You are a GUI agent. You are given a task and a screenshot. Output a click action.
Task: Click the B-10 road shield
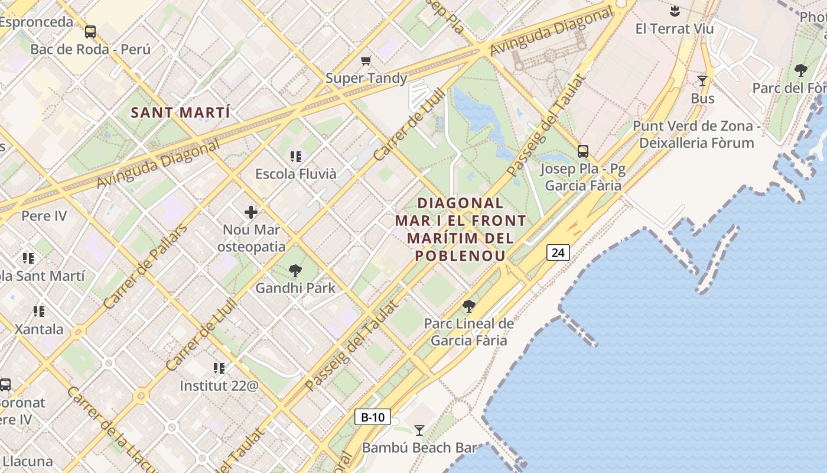pyautogui.click(x=373, y=417)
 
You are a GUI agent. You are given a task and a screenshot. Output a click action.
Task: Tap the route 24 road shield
pyautogui.click(x=558, y=252)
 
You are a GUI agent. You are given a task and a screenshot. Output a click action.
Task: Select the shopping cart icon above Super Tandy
pyautogui.click(x=366, y=60)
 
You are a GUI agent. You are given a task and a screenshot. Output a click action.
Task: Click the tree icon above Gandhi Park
pyautogui.click(x=295, y=271)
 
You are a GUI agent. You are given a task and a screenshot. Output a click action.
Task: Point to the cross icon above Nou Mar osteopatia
pyautogui.click(x=251, y=212)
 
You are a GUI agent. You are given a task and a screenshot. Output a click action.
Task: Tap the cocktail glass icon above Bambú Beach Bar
pyautogui.click(x=419, y=430)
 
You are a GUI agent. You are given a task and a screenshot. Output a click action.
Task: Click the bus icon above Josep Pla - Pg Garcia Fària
pyautogui.click(x=583, y=151)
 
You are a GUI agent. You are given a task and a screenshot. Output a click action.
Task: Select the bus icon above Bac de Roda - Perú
pyautogui.click(x=90, y=32)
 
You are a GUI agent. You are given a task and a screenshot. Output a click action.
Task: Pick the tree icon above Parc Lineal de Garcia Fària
pyautogui.click(x=469, y=306)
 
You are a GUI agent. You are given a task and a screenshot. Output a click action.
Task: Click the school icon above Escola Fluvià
pyautogui.click(x=296, y=157)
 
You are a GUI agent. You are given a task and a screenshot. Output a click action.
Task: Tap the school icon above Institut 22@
pyautogui.click(x=219, y=368)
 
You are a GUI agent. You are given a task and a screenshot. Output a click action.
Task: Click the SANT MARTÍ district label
pyautogui.click(x=180, y=112)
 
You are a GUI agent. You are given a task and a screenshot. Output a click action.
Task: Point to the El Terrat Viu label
pyautogui.click(x=675, y=28)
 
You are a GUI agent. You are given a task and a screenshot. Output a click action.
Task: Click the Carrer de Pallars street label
pyautogui.click(x=145, y=266)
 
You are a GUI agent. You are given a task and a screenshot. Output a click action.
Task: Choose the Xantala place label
pyautogui.click(x=39, y=329)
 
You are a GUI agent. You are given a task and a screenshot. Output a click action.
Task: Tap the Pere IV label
pyautogui.click(x=44, y=216)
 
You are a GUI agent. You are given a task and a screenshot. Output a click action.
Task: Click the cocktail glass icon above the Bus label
pyautogui.click(x=702, y=81)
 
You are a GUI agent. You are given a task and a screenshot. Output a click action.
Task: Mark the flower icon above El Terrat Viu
pyautogui.click(x=675, y=11)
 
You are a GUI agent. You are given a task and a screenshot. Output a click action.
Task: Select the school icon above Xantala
pyautogui.click(x=39, y=311)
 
